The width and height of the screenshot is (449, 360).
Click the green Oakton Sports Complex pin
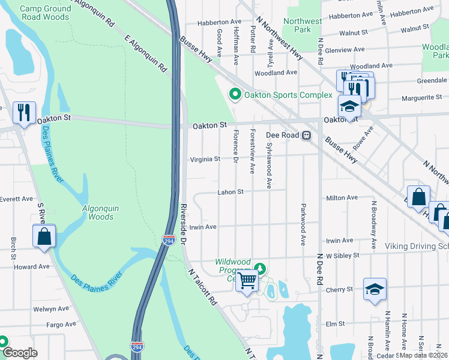click(x=235, y=95)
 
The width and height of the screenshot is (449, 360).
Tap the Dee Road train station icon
click(x=306, y=136)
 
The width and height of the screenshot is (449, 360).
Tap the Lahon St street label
click(x=231, y=192)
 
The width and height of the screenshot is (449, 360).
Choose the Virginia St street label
click(x=205, y=159)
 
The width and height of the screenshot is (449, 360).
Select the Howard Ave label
click(x=31, y=266)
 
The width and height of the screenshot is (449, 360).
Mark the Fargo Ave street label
click(x=61, y=324)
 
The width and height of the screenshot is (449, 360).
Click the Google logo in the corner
click(x=20, y=353)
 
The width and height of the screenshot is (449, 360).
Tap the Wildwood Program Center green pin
click(x=259, y=268)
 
